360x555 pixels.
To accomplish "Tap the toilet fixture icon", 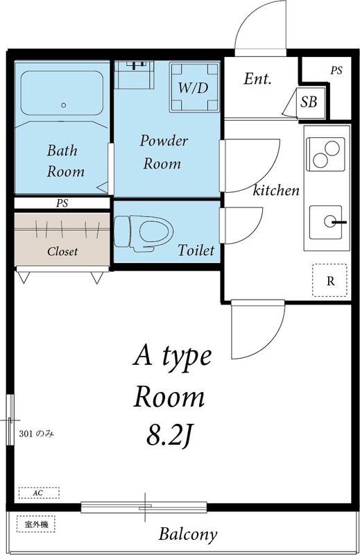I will coord(142,230).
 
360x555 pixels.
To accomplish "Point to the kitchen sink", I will coord(327,222).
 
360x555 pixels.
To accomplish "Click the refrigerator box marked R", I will coord(330,280).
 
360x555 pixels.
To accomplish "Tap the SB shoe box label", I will coord(309,103).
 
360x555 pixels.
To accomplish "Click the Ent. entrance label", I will coord(257,79).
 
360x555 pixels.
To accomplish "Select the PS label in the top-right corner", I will coord(336,70).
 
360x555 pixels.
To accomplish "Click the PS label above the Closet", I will coord(62,204).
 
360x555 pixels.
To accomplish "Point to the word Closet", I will coord(62,251).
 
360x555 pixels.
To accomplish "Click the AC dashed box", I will coord(39,493).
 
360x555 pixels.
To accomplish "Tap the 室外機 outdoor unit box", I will coord(35,524).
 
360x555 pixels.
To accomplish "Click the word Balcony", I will coord(187,535).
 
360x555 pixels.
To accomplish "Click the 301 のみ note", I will coord(35,434).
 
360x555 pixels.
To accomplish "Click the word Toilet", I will coord(196,250).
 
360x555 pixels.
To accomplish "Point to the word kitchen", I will coord(275,190).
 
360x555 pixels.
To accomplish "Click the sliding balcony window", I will coord(144,507).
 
